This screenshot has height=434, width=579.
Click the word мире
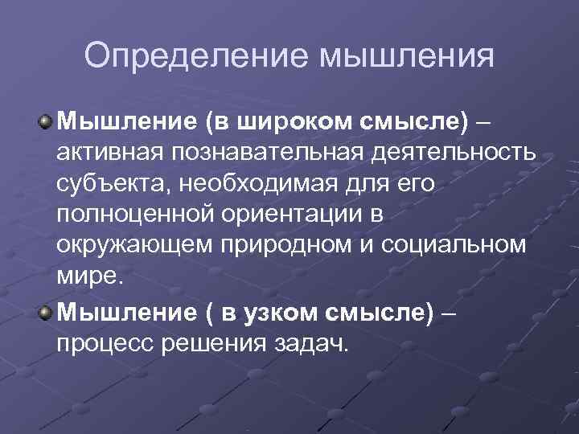tap(86, 276)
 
